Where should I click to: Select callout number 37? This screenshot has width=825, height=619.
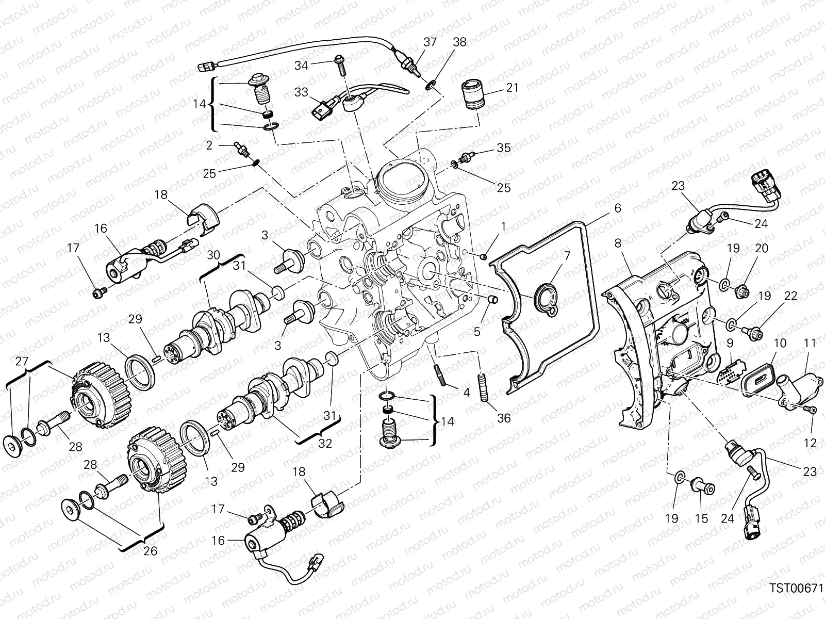[x=431, y=43]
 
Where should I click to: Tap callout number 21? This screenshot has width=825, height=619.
[x=512, y=88]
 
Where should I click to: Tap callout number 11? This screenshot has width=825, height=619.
[x=810, y=343]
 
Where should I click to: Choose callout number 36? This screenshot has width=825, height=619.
[x=503, y=418]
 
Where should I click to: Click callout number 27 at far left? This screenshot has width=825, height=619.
[x=21, y=362]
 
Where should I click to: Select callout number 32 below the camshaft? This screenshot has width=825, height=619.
[x=325, y=443]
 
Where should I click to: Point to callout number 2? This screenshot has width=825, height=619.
[x=209, y=146]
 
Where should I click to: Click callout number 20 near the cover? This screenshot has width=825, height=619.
[x=762, y=249]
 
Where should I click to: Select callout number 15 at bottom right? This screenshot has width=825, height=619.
[x=701, y=519]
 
